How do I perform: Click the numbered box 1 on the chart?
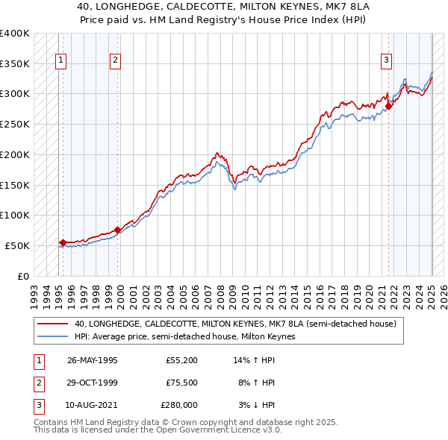point(60,61)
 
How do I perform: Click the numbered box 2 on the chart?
point(116,61)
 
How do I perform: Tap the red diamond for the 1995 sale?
point(63,242)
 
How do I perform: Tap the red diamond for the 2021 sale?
point(389,107)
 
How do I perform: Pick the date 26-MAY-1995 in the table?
point(93,360)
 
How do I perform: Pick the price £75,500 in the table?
point(181,383)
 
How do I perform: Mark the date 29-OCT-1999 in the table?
point(93,383)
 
